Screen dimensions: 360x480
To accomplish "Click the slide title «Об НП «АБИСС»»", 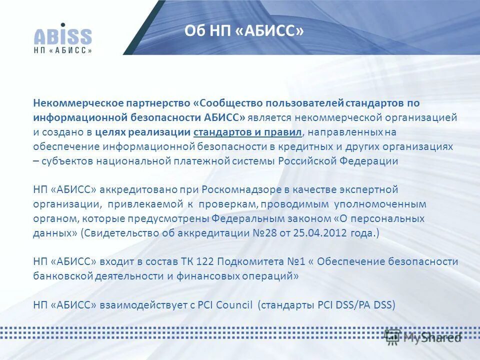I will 244,31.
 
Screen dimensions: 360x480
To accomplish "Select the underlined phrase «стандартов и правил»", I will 247,132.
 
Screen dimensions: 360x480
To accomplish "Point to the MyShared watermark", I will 422,337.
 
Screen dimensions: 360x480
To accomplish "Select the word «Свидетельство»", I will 118,233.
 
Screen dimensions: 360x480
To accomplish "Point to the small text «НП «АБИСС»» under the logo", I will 63,50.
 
